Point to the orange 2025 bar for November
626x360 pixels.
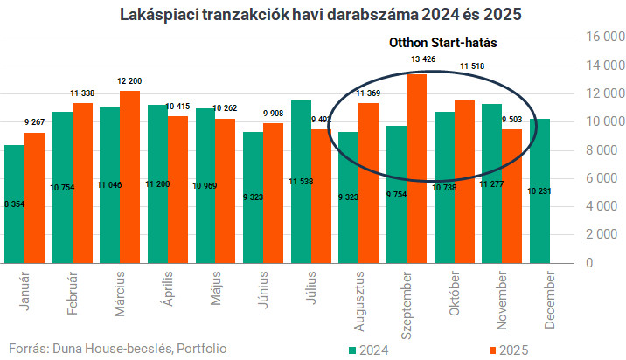coord(512,196)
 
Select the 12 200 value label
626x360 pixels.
coord(129,80)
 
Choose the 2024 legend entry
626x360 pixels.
coord(368,349)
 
